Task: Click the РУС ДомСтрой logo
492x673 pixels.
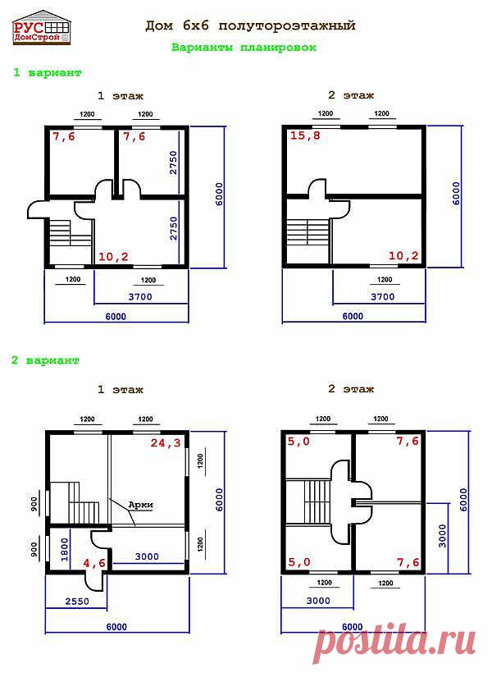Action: (x=42, y=27)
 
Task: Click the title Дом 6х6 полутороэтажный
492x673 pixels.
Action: (x=250, y=26)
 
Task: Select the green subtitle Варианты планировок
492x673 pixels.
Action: (x=244, y=47)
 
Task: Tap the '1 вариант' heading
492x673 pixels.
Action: (x=47, y=72)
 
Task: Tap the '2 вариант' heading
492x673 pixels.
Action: (x=45, y=359)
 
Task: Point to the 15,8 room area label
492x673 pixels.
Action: (x=305, y=135)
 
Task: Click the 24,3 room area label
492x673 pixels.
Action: (x=166, y=442)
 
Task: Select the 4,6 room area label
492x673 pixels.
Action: (x=94, y=563)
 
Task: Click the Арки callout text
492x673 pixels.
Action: (x=141, y=506)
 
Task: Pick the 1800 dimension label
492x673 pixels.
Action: (x=65, y=550)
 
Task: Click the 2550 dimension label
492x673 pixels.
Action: (x=77, y=602)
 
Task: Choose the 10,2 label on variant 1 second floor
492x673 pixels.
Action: (x=403, y=256)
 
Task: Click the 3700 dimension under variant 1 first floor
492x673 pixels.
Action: (x=140, y=296)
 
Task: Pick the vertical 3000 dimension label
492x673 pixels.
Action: (x=442, y=536)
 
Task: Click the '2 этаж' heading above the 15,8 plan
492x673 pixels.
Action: (x=351, y=96)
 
